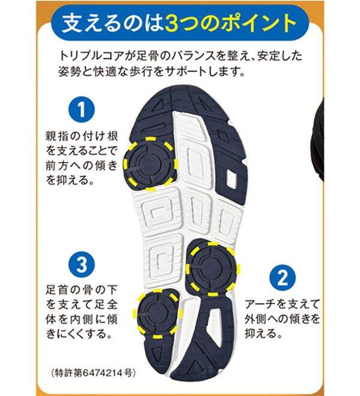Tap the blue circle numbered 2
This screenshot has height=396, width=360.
281,277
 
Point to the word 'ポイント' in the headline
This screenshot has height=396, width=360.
249,23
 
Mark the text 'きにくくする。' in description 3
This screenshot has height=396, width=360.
82,332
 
